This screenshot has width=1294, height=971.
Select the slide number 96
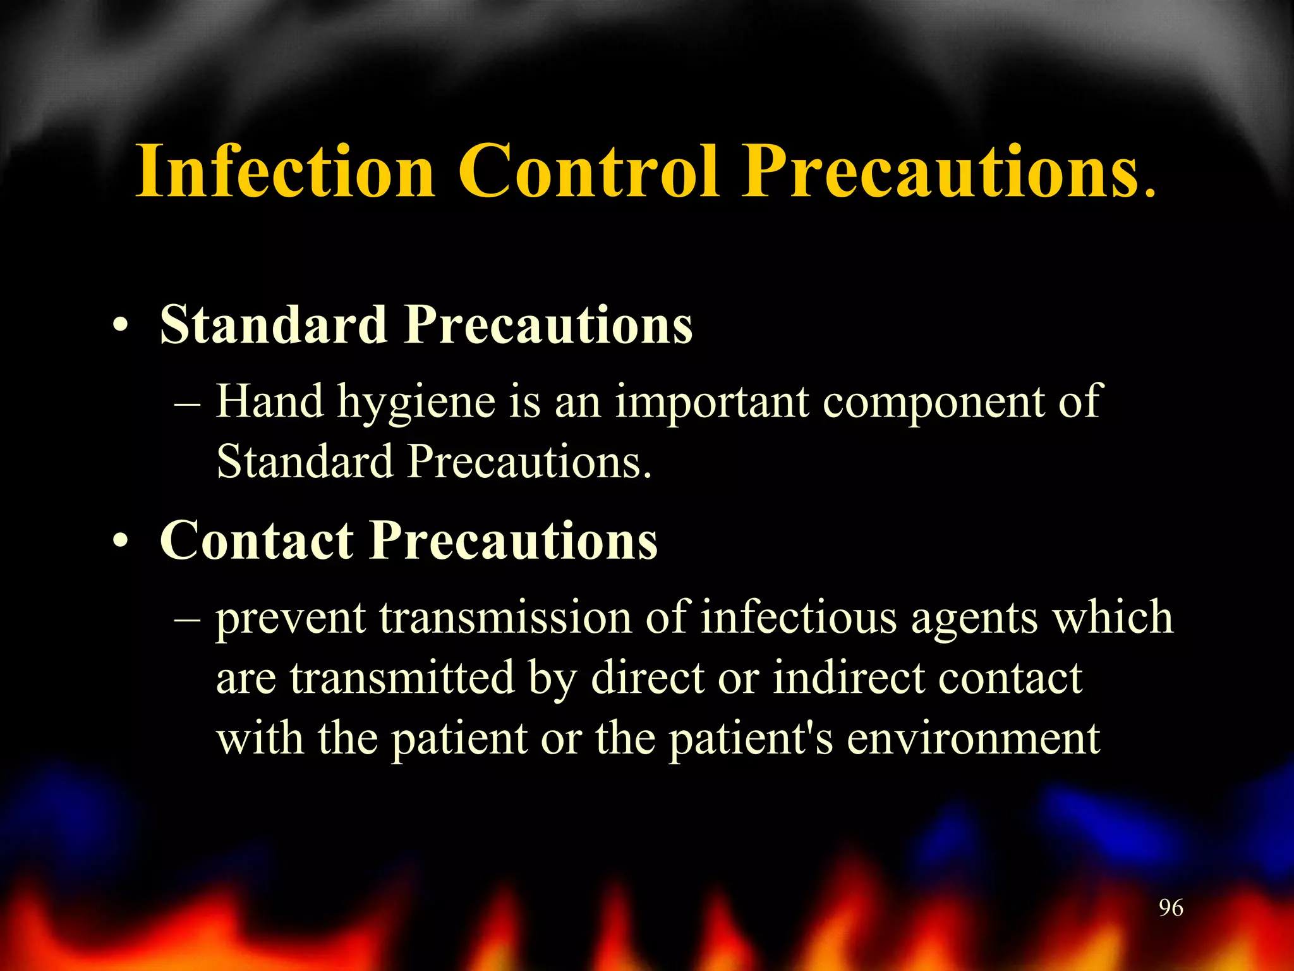click(x=1171, y=908)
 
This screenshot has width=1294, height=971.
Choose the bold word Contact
click(x=257, y=540)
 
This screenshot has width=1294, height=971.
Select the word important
click(x=712, y=402)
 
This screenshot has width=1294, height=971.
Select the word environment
click(x=973, y=739)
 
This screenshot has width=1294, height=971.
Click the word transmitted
click(x=402, y=678)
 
